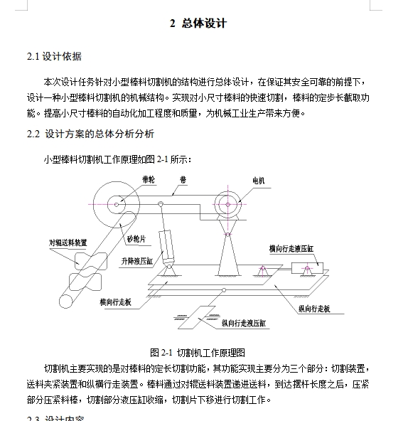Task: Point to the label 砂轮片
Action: [x=137, y=239]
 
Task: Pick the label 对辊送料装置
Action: [x=69, y=243]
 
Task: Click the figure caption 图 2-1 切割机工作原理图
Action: [x=198, y=352]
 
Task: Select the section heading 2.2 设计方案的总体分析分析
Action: [x=90, y=134]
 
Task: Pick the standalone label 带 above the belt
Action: [x=183, y=181]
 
